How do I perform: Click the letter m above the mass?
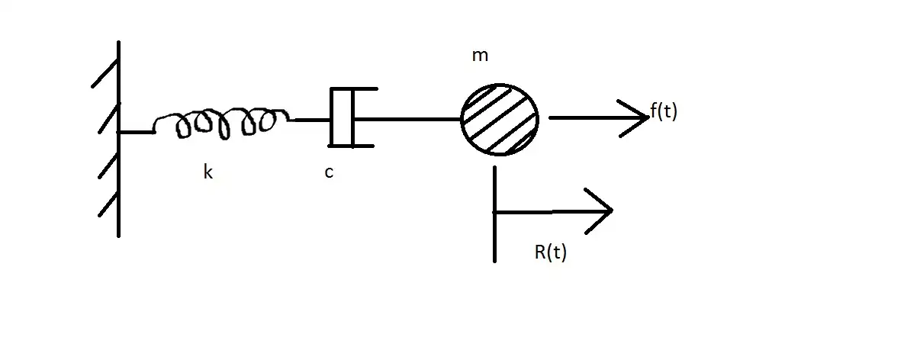coord(480,56)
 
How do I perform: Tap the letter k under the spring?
coord(207,172)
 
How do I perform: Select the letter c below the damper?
coord(328,173)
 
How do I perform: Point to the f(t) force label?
coord(663,111)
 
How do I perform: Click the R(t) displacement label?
coord(550,252)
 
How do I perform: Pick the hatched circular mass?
coord(500,119)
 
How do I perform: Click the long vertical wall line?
coord(119,137)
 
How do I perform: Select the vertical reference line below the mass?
coord(495,214)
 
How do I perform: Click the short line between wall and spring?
coord(137,132)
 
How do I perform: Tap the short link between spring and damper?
coord(309,119)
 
